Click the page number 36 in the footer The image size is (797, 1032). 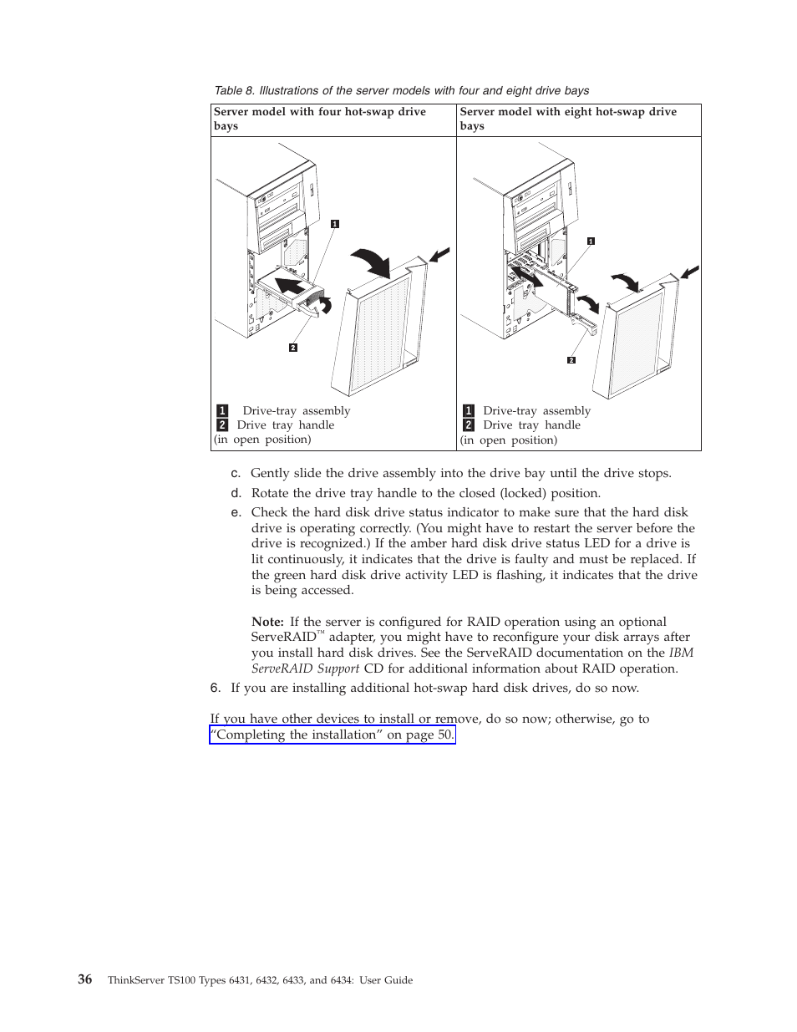click(85, 979)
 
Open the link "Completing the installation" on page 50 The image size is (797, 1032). click(333, 735)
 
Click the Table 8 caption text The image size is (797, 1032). click(401, 90)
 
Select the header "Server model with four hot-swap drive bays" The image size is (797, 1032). click(320, 119)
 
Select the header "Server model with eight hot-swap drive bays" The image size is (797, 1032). click(568, 119)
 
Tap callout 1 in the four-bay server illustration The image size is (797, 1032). click(335, 223)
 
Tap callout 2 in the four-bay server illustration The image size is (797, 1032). click(293, 348)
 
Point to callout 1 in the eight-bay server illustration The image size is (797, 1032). click(591, 241)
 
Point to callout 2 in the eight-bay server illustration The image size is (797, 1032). click(571, 360)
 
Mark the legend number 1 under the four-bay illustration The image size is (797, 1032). click(222, 410)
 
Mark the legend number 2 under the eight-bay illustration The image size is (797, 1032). click(469, 424)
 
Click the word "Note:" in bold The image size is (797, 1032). click(267, 622)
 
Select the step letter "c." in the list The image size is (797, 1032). click(236, 473)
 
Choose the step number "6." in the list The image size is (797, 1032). click(216, 688)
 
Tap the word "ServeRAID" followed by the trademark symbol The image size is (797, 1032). click(283, 637)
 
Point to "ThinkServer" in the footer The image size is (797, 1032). click(135, 980)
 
